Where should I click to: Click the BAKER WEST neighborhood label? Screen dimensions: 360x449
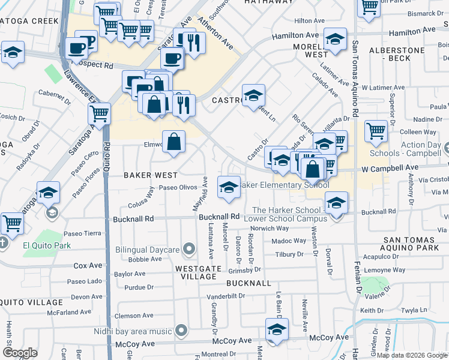[x=151, y=175]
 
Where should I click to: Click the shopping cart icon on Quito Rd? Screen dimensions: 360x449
[x=99, y=113]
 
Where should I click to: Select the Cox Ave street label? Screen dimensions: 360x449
[x=88, y=265]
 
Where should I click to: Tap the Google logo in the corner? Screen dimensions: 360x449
[x=20, y=353]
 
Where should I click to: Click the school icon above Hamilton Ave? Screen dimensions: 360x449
[x=335, y=40]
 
